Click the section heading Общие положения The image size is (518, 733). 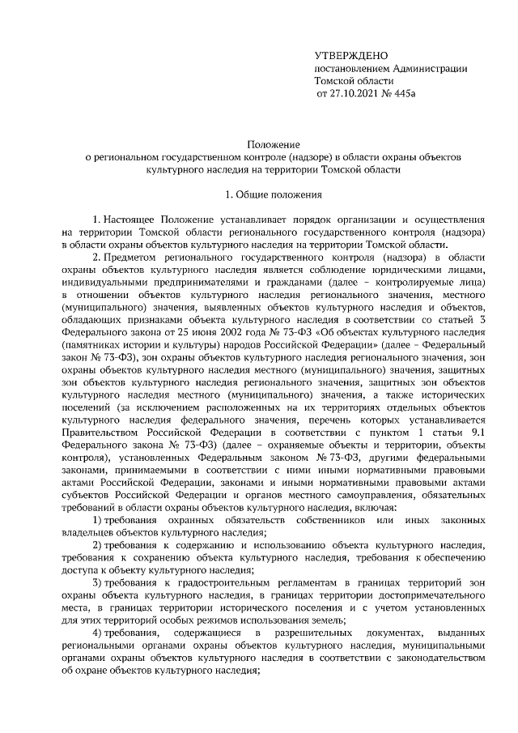click(279, 194)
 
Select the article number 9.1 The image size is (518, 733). click(477, 431)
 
